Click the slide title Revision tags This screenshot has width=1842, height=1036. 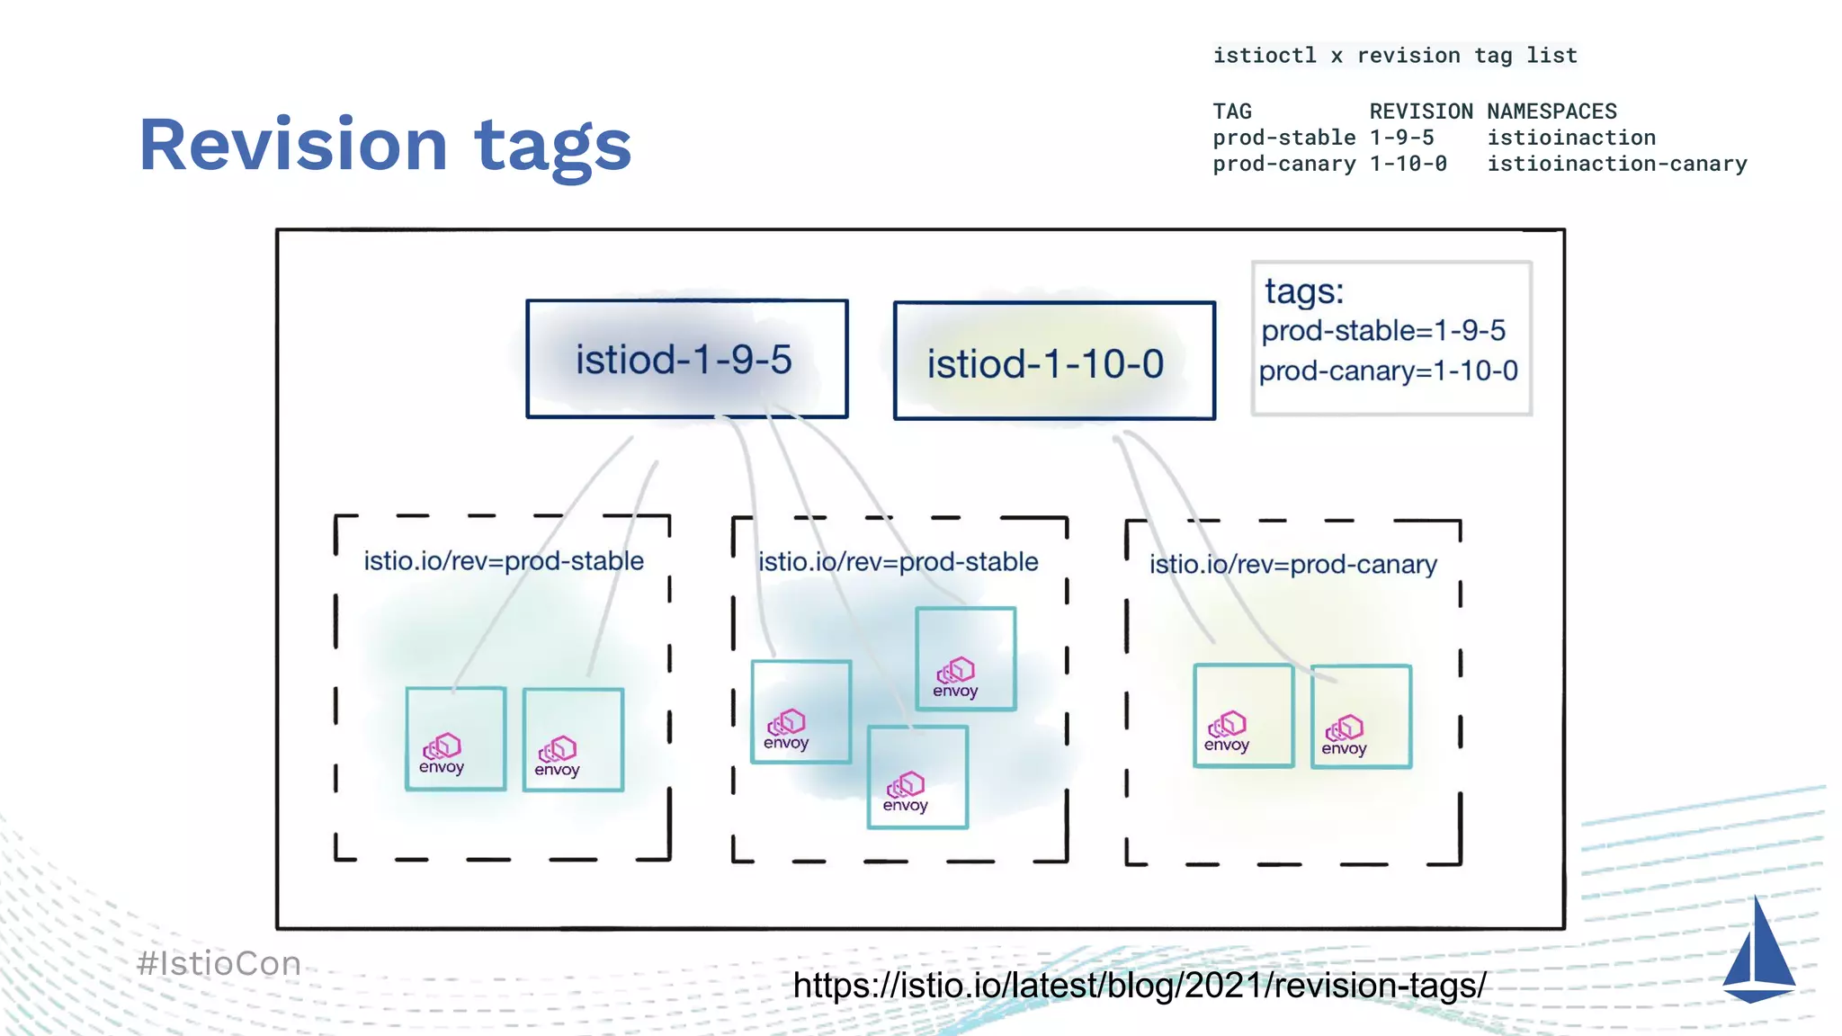point(385,145)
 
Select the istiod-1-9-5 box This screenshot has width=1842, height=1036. point(686,359)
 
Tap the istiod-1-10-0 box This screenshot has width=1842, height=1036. point(1053,362)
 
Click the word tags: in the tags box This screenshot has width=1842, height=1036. point(1304,291)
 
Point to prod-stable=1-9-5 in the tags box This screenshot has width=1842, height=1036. point(1383,330)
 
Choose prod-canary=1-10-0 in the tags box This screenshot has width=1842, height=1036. point(1388,371)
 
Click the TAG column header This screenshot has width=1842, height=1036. point(1232,112)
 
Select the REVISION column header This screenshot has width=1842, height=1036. point(1421,112)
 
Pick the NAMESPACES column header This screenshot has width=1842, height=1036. point(1551,112)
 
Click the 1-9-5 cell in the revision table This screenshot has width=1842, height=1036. point(1401,138)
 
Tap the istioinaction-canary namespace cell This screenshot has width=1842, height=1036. point(1616,164)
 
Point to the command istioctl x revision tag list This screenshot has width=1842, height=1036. point(1395,56)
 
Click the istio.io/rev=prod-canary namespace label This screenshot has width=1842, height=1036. point(1292,564)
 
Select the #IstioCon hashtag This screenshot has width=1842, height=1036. point(219,963)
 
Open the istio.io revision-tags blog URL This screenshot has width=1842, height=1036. point(1140,986)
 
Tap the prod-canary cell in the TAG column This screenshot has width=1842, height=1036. point(1283,164)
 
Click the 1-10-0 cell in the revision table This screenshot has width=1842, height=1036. point(1408,164)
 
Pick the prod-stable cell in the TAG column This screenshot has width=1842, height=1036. point(1283,138)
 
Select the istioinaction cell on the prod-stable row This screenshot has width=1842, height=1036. point(1570,138)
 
